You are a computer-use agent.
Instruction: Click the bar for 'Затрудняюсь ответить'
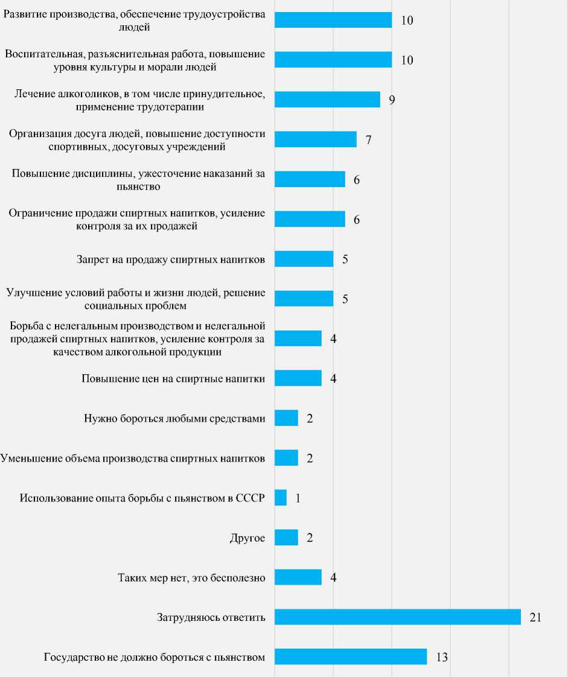coord(397,617)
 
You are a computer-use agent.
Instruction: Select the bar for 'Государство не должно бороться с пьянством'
coord(351,657)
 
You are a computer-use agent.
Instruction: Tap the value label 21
coord(535,617)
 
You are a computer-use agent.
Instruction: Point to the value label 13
coord(441,657)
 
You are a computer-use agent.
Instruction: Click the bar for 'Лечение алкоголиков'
coord(327,100)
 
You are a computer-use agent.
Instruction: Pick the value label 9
coord(392,100)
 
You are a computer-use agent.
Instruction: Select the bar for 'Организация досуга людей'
coord(316,139)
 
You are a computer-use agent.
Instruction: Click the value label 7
coord(368,139)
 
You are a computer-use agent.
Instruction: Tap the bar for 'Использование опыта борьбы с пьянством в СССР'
coord(281,498)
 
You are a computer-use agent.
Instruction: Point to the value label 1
coord(298,498)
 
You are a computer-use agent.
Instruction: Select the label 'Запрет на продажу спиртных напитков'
coord(171,259)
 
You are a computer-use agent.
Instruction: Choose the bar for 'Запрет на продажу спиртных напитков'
coord(304,259)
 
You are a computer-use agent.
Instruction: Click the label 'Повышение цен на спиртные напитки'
coord(173,379)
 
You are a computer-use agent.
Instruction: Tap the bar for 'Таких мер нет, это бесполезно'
coord(298,577)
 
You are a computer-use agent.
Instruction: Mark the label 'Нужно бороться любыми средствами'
coord(175,419)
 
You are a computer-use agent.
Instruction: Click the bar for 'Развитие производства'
coord(333,20)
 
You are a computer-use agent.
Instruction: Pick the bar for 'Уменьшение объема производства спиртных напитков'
coord(286,458)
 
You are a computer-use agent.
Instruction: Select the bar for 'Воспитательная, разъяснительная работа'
coord(333,60)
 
